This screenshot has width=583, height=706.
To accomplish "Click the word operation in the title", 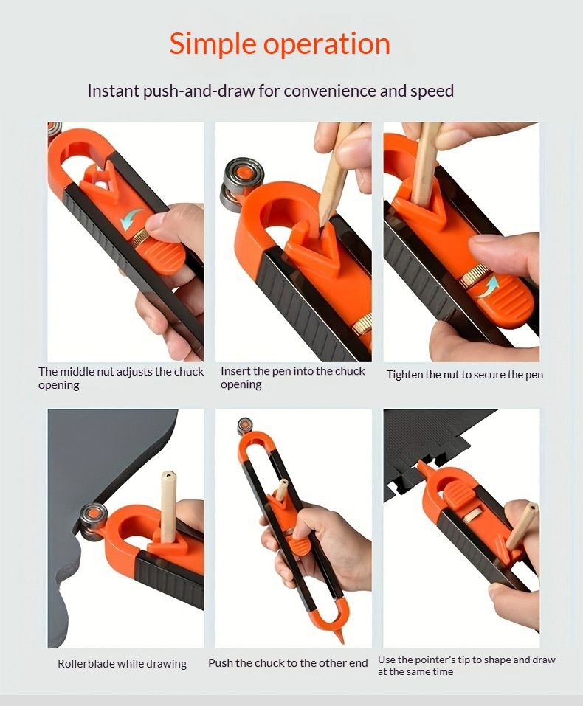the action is (327, 44).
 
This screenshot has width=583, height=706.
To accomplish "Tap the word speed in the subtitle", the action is (432, 91).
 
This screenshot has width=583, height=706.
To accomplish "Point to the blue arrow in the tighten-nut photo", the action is (488, 286).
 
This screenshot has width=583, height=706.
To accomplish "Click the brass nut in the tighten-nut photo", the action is (474, 276).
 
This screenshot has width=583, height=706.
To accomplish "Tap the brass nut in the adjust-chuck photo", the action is (142, 235).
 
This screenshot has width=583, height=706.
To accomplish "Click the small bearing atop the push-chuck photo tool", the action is (244, 426).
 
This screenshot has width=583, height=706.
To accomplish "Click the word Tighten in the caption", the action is (404, 375).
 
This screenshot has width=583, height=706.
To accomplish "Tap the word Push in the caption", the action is (221, 663).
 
